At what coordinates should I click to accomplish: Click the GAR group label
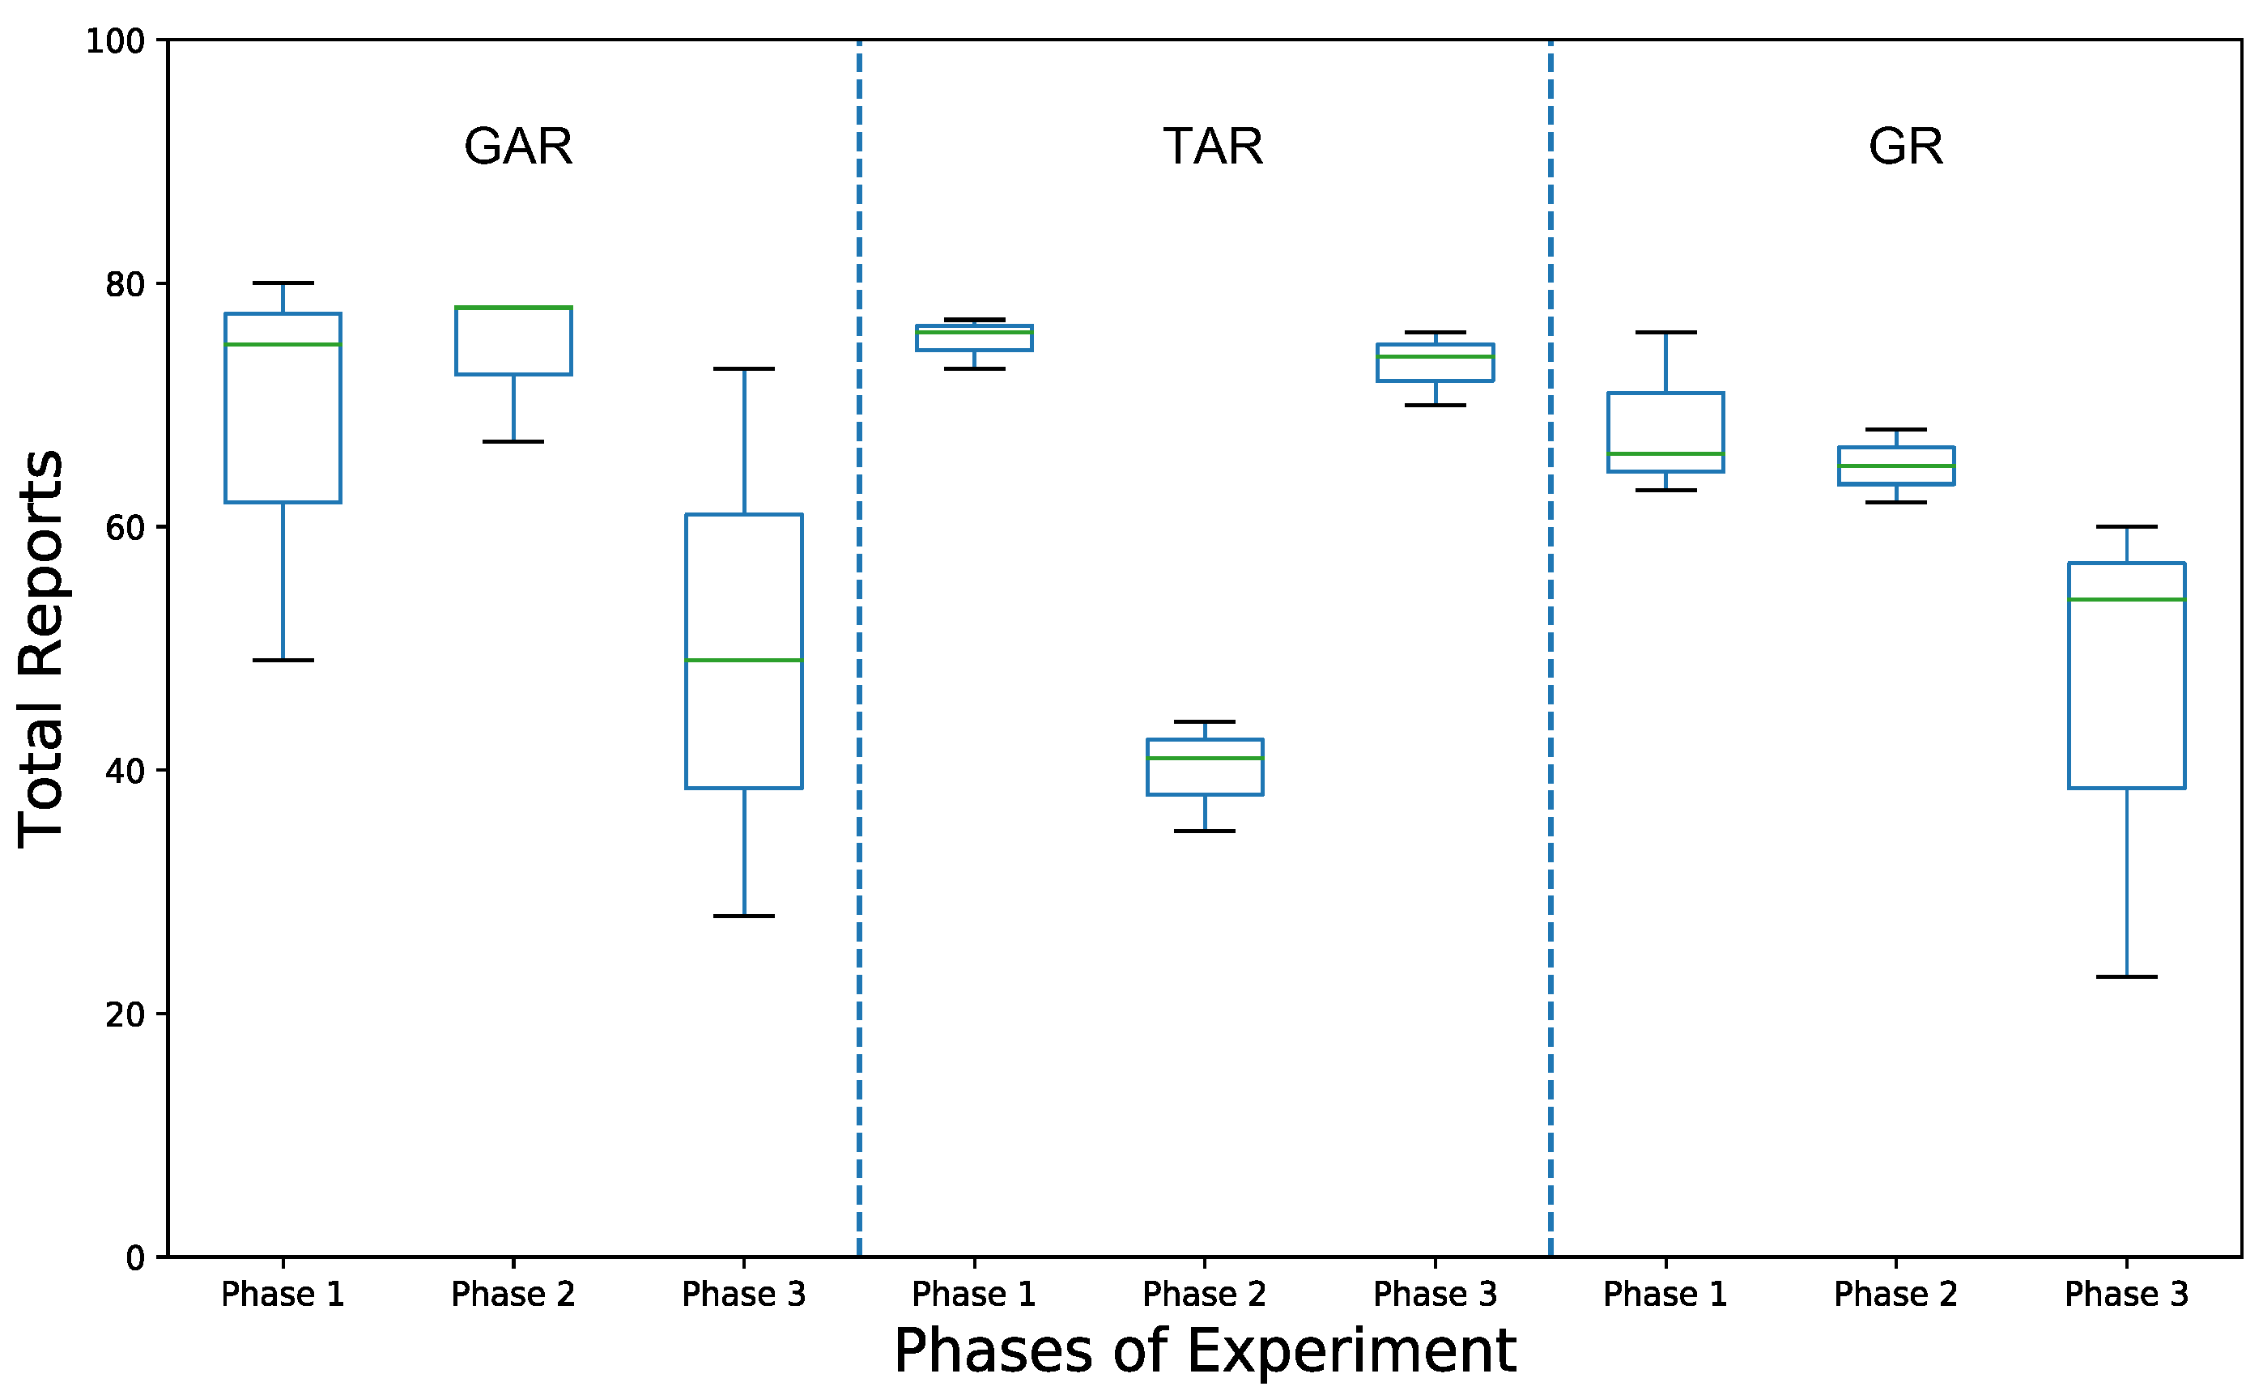click(517, 147)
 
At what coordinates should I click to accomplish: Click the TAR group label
click(1212, 147)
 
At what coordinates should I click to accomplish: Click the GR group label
click(1905, 147)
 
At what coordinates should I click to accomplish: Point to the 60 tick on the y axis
click(125, 528)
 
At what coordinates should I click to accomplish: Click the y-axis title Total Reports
click(41, 649)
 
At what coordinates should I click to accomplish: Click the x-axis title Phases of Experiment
click(1204, 1350)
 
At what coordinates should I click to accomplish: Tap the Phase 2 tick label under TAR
click(1204, 1295)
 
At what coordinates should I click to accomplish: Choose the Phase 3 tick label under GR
click(2126, 1295)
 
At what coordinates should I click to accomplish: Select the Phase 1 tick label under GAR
click(283, 1295)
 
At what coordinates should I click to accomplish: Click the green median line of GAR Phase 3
click(743, 661)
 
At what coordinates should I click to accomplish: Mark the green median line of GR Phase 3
click(2126, 600)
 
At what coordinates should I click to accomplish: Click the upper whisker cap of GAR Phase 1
click(283, 283)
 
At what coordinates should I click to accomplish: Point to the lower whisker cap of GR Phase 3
click(2126, 977)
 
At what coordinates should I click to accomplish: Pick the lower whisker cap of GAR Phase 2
click(513, 442)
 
